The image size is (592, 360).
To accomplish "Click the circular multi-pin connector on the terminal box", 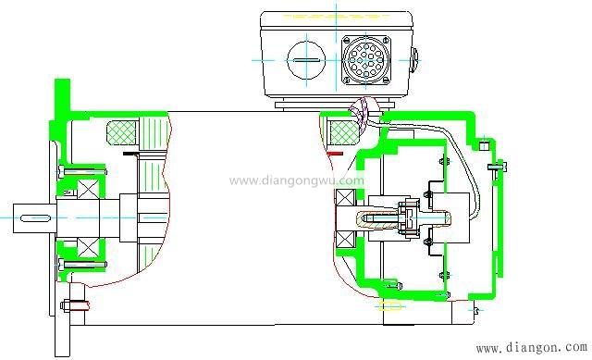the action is [x=365, y=59].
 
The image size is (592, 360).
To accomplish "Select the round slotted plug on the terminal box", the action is [x=306, y=60].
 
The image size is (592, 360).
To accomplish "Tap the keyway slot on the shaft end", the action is [x=35, y=218].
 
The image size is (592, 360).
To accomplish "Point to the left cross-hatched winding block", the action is [x=121, y=132].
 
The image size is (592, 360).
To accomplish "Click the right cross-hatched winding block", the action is [x=343, y=132].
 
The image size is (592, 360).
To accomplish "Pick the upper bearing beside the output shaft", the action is [x=88, y=188].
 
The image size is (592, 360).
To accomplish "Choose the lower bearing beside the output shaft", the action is [x=88, y=248].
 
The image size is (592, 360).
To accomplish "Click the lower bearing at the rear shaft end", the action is [x=345, y=239].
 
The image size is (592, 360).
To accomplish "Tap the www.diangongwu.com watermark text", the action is [x=297, y=180].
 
